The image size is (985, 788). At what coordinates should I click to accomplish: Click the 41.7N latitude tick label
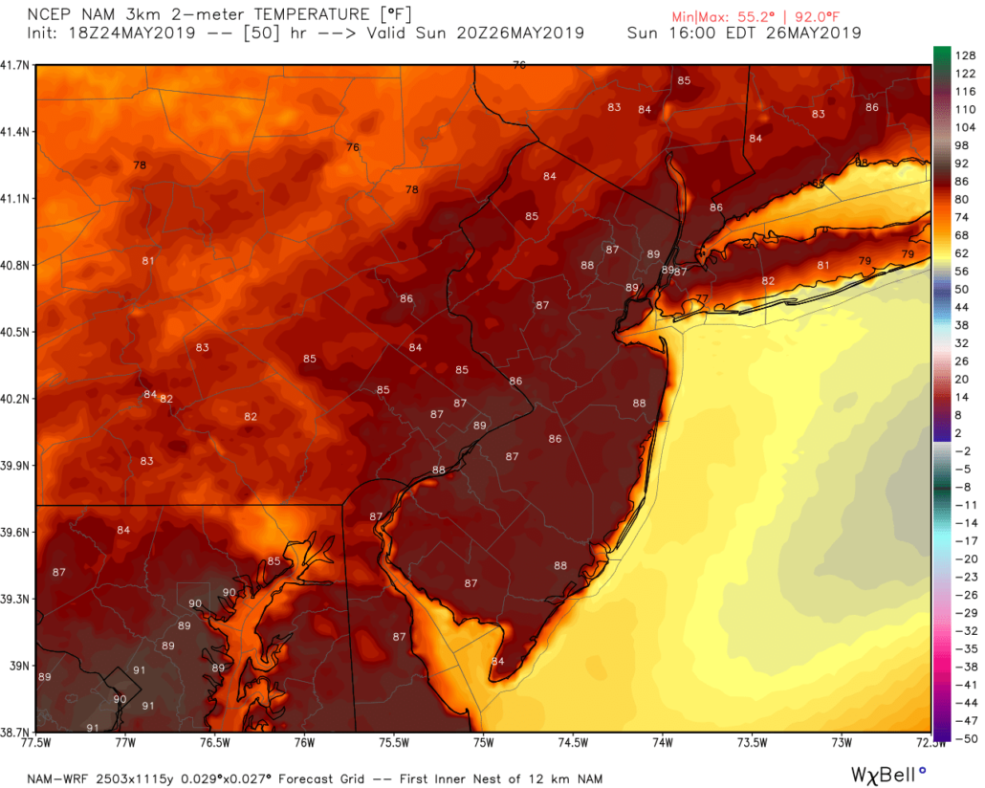17,64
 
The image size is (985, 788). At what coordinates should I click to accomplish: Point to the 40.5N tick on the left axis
17,332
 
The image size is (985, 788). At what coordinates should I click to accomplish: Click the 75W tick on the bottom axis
483,742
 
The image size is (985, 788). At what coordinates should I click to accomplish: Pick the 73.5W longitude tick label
752,742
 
